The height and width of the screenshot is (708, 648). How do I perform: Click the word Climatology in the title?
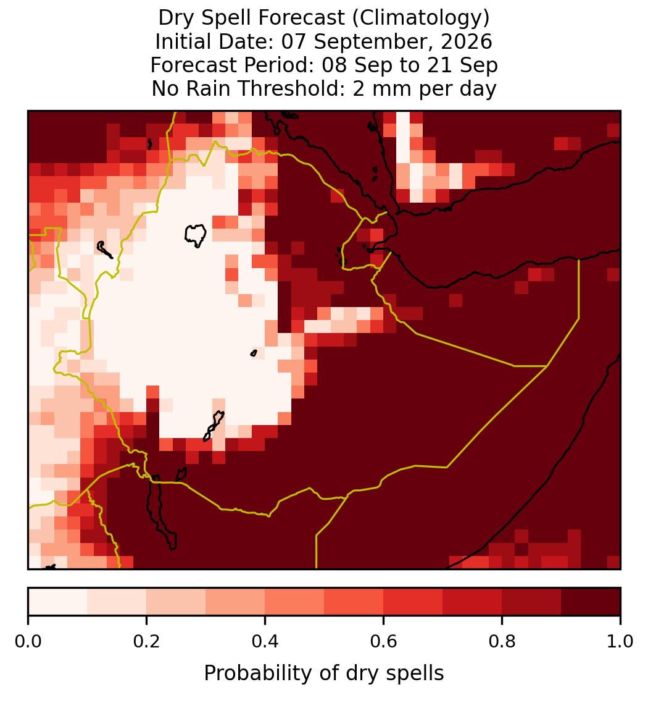pos(420,19)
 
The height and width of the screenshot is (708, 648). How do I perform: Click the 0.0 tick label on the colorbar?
pos(28,642)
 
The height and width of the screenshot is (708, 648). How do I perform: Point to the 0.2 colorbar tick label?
pos(146,642)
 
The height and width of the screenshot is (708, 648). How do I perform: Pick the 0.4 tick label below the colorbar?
pos(265,642)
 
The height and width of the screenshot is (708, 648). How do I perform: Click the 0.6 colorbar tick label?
pos(383,642)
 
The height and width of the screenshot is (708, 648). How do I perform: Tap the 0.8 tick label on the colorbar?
pos(502,642)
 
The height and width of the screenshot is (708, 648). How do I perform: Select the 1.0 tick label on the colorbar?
pos(620,642)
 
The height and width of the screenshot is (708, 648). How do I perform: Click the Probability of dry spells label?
pos(324,673)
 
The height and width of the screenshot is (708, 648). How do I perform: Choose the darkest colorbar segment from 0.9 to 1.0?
pos(591,602)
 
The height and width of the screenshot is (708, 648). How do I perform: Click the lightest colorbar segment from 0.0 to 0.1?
pos(58,602)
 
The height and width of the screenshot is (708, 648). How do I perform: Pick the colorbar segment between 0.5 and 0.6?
pos(354,602)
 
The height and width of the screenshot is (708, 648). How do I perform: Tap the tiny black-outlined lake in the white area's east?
pos(254,353)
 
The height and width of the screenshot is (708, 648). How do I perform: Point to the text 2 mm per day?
pos(425,88)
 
